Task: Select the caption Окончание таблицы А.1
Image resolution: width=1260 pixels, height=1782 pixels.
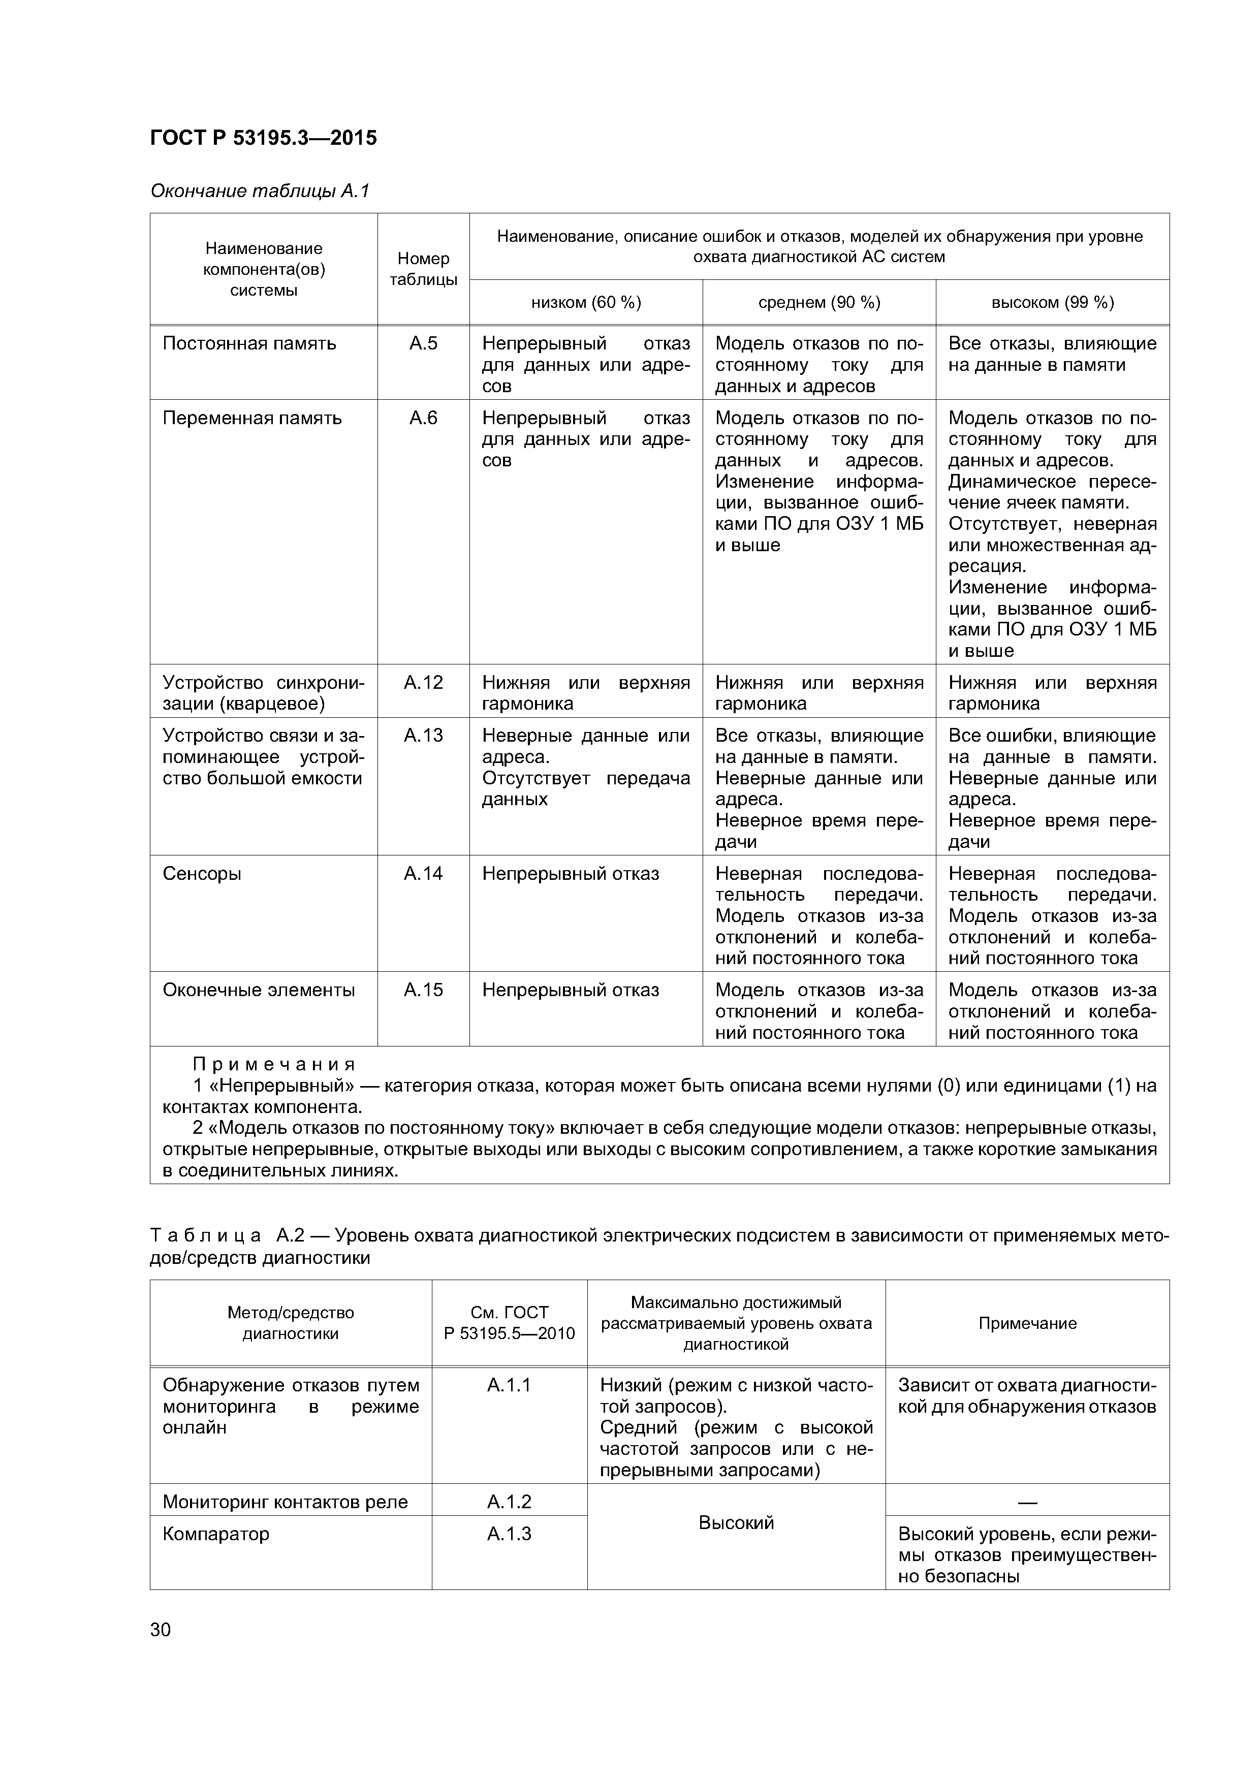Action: (x=260, y=191)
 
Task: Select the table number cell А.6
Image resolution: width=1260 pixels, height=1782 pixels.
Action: (x=423, y=419)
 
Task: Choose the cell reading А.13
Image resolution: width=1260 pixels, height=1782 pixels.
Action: (x=423, y=736)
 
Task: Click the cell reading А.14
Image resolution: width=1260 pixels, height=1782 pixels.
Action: (x=423, y=874)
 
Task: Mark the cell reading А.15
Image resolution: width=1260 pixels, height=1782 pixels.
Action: (x=423, y=991)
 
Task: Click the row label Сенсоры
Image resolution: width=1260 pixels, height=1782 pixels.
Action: (x=202, y=874)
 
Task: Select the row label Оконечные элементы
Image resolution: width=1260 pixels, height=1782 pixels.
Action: (x=259, y=991)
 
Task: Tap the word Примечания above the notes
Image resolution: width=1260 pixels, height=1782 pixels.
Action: (x=273, y=1064)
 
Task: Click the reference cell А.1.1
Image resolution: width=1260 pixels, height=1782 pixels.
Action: (x=509, y=1385)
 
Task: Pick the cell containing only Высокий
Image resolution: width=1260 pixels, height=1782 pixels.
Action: (x=736, y=1523)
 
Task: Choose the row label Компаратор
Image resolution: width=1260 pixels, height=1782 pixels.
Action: (x=216, y=1534)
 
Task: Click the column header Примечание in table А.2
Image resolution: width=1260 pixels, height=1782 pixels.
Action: (x=1027, y=1323)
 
